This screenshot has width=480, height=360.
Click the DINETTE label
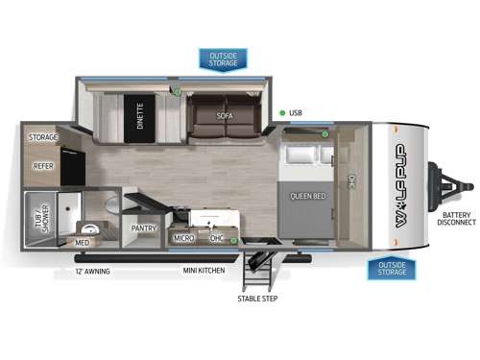140,116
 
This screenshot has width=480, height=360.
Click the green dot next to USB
282,113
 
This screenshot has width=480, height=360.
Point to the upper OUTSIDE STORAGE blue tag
223,60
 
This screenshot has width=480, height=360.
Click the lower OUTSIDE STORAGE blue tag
391,268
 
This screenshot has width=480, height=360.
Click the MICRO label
183,236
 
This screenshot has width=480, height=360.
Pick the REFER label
43,165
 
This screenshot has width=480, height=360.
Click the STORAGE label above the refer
43,137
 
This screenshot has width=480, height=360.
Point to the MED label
83,243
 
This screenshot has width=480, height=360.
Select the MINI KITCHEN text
204,272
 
